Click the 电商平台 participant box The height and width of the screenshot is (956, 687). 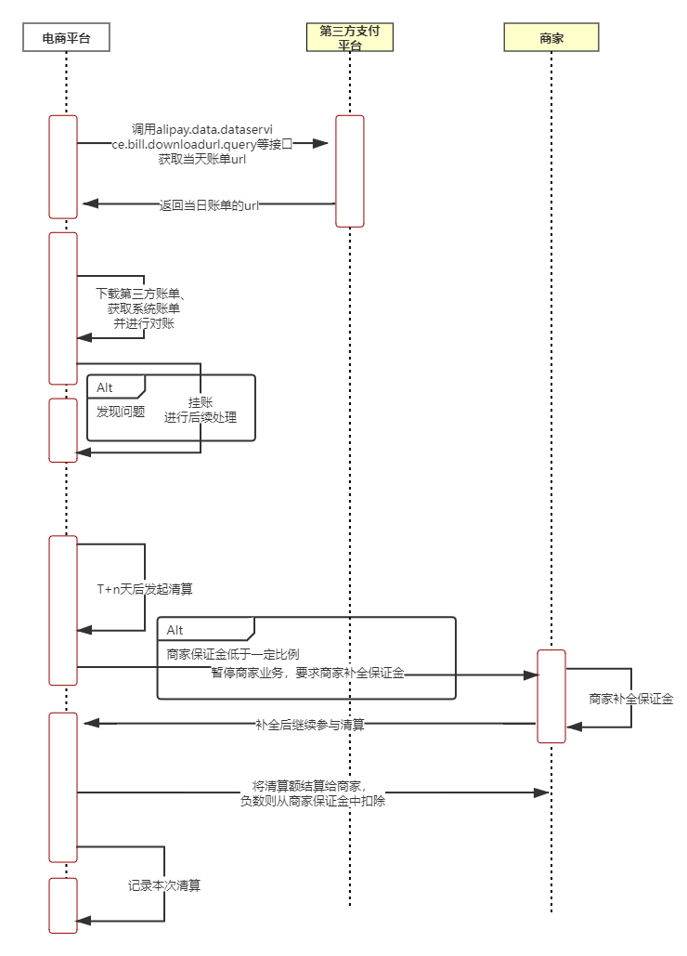click(66, 37)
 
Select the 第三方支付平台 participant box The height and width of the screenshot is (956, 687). click(349, 37)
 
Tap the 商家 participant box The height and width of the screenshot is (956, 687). click(551, 37)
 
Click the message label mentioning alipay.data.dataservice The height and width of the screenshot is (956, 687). click(202, 144)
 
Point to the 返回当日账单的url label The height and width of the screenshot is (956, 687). click(208, 205)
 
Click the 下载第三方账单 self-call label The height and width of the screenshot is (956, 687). click(144, 308)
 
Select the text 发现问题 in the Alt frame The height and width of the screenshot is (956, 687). click(121, 411)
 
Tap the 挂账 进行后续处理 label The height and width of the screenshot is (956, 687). click(201, 410)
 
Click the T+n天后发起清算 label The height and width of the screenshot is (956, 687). click(145, 589)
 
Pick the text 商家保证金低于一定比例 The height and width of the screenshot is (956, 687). click(233, 653)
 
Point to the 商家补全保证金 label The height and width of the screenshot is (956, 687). click(631, 699)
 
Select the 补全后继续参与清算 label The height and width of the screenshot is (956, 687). click(310, 724)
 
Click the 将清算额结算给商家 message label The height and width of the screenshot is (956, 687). click(312, 792)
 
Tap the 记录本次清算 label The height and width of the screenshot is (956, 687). click(164, 885)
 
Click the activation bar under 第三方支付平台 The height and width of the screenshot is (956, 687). click(350, 171)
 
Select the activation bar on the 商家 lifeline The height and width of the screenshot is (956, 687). click(551, 696)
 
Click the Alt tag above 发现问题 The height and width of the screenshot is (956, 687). click(105, 387)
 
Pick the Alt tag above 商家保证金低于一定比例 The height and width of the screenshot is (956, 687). click(175, 630)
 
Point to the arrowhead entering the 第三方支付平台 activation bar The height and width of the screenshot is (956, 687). click(321, 144)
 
